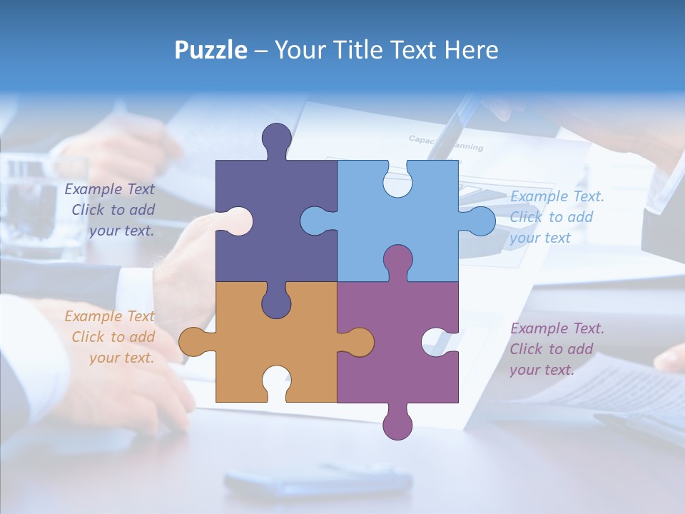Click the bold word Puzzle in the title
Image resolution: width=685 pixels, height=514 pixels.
tap(211, 50)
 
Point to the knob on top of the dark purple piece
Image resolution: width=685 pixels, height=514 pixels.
tap(277, 139)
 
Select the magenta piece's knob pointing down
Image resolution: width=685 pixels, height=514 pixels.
tap(397, 423)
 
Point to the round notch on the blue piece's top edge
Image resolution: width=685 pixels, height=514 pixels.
tap(397, 180)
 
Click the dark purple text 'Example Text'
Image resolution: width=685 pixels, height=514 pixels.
tap(110, 189)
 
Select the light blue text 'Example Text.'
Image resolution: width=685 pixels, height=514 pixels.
tap(557, 196)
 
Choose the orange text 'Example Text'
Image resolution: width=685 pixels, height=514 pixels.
tap(110, 316)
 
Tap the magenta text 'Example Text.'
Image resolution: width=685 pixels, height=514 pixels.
tap(557, 328)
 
